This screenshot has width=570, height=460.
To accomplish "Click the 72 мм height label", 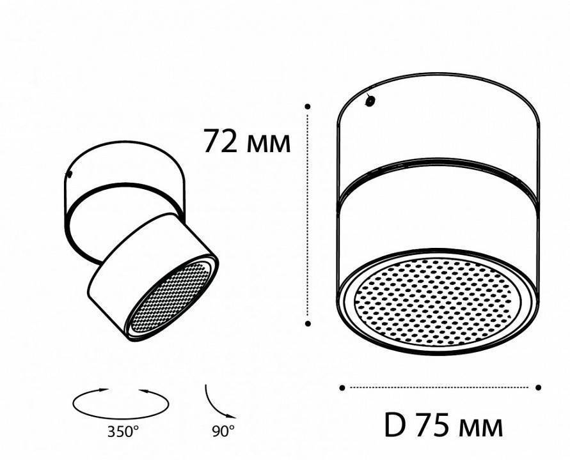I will tap(246, 142).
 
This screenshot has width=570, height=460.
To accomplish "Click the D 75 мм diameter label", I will tap(443, 425).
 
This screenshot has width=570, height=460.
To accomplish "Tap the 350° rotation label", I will tap(123, 431).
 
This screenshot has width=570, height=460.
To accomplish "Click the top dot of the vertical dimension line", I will tap(308, 106).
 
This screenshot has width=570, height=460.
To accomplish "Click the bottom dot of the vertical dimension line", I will tap(308, 324).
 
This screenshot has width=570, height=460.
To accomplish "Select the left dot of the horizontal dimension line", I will tap(342, 387).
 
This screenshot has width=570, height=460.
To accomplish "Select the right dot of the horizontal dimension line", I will tap(539, 387).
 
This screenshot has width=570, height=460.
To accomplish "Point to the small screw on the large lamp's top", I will tap(369, 100).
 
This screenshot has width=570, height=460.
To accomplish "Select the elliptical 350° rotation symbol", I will tap(122, 403).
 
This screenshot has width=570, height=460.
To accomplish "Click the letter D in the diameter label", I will tap(393, 425).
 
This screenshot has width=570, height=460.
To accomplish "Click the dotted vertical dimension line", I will tap(308, 217).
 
